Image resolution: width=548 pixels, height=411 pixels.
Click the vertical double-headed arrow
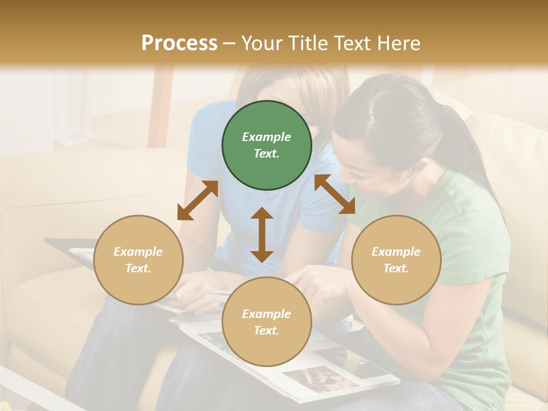coord(262,235)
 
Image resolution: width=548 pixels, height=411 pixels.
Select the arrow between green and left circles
coord(198,200)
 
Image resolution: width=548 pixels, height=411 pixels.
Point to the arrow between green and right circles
coord(335,194)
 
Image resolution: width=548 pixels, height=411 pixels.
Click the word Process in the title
coord(179,43)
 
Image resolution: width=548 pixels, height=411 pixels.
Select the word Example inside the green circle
coord(267,137)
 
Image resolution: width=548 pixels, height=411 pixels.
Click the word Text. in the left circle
coord(138,268)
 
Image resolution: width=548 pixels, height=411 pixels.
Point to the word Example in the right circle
coord(396,252)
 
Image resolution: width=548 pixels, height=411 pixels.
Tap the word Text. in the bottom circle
coord(267,331)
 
